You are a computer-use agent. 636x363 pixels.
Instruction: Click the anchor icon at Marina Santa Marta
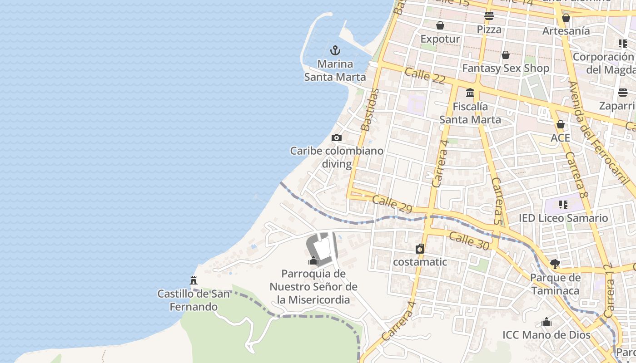335,50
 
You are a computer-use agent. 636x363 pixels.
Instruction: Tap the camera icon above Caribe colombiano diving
336,137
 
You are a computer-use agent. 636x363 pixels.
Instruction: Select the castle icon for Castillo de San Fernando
194,280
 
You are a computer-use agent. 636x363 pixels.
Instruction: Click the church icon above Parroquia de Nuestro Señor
313,260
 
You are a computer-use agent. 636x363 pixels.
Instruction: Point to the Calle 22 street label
425,75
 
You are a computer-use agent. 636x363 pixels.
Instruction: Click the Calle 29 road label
392,204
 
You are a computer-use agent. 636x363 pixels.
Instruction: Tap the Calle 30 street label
469,240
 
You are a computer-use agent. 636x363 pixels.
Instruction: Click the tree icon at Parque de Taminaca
555,264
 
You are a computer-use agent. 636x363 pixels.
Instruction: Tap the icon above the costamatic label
420,249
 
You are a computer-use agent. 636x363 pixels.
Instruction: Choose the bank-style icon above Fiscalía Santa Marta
470,93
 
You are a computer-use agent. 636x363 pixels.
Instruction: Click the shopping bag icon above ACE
561,124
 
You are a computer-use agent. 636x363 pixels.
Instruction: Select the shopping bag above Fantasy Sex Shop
506,55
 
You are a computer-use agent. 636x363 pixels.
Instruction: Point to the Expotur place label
440,39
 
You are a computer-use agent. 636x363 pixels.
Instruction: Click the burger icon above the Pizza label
489,16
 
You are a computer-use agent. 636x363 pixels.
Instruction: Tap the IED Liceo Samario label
563,218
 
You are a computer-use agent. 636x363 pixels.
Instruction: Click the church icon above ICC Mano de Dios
547,322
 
